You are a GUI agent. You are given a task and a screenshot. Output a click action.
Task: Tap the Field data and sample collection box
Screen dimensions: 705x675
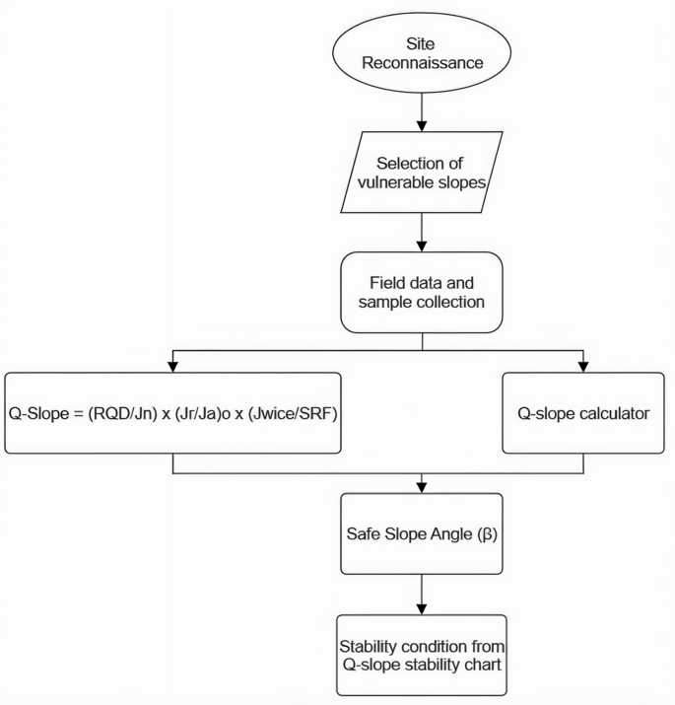click(x=422, y=292)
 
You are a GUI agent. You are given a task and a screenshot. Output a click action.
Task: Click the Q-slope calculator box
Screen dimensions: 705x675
click(x=583, y=413)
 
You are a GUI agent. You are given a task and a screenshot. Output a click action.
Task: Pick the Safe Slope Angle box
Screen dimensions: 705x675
click(x=422, y=537)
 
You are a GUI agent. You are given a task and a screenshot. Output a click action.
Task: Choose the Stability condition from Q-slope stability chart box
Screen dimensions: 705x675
click(x=422, y=655)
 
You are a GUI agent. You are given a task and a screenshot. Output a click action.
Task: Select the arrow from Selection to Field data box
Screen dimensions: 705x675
click(x=422, y=232)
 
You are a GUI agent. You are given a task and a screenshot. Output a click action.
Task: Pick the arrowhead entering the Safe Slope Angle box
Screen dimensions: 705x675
click(x=422, y=487)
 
